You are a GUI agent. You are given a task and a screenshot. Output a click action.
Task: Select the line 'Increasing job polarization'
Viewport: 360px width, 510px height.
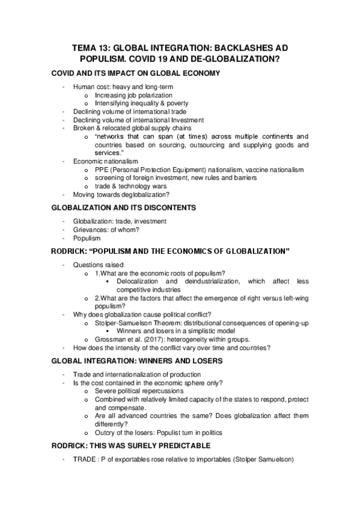pyautogui.click(x=133, y=95)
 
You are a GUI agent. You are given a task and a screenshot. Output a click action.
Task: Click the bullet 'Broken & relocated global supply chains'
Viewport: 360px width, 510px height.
pyautogui.click(x=132, y=127)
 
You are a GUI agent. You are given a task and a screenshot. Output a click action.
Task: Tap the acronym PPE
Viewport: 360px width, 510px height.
pyautogui.click(x=102, y=170)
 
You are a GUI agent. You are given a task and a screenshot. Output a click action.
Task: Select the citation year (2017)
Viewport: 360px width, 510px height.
pyautogui.click(x=155, y=340)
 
